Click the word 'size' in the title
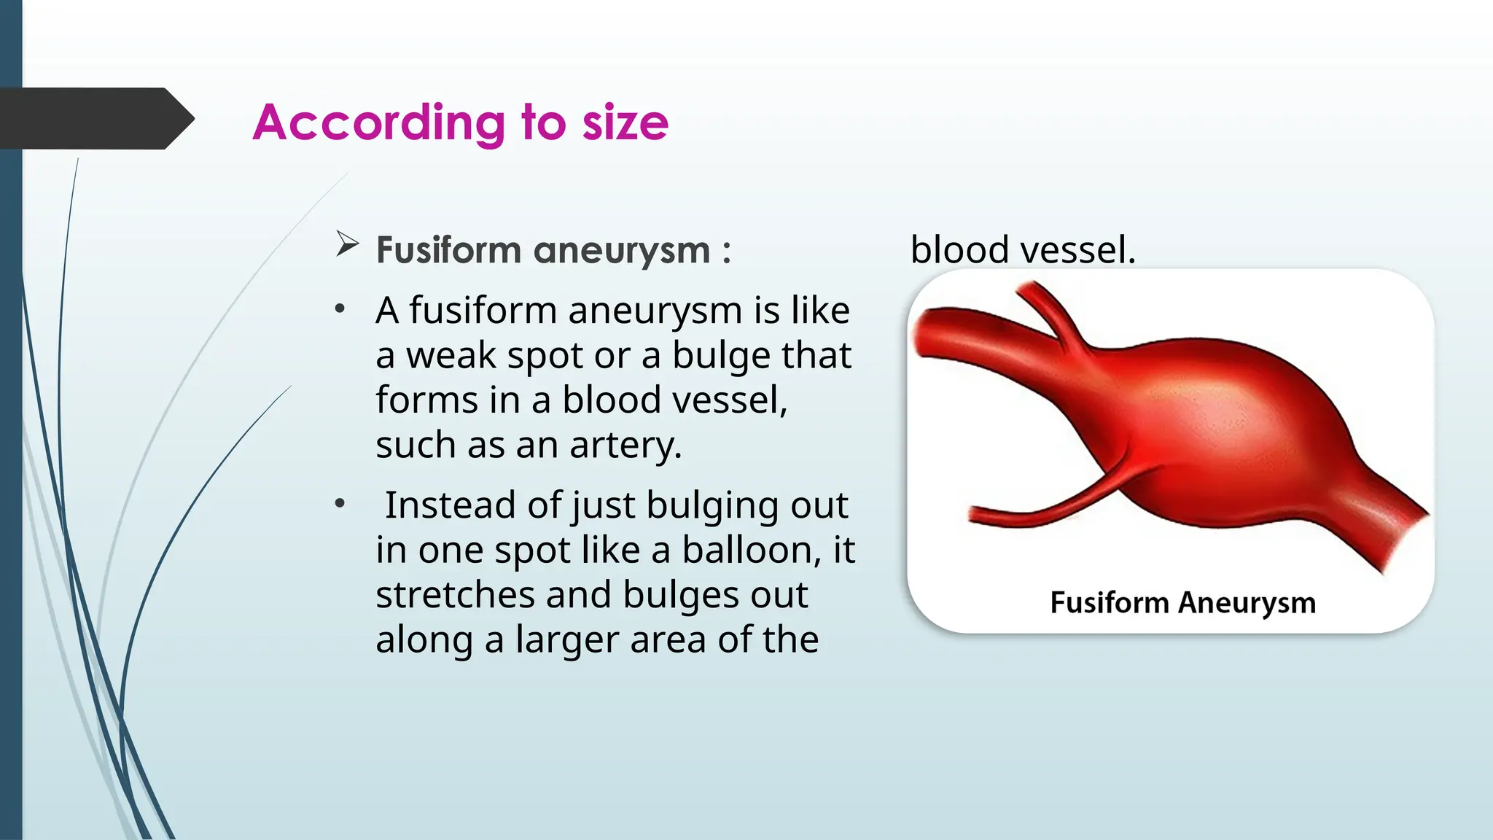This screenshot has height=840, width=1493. (625, 122)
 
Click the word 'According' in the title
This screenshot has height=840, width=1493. (378, 122)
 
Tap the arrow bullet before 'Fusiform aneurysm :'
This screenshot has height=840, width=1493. (347, 244)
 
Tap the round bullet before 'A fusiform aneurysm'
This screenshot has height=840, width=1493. (340, 309)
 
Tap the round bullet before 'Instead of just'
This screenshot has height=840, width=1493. (340, 504)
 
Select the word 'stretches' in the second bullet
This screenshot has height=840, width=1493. (455, 595)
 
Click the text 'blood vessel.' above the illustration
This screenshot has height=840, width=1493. (1023, 250)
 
